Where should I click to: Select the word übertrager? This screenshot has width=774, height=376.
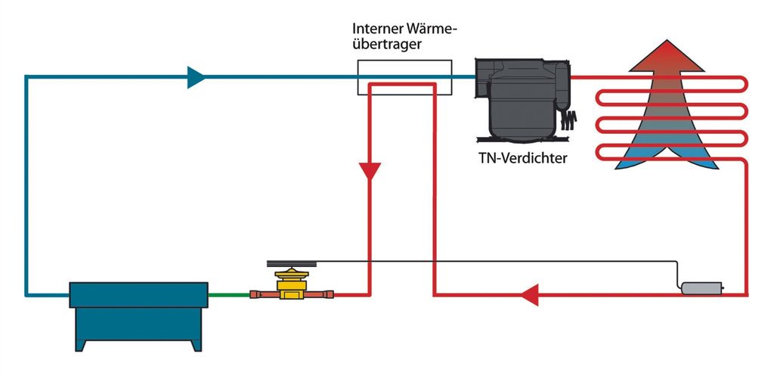pos(387,45)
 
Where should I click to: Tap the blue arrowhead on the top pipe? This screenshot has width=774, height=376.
pos(197,76)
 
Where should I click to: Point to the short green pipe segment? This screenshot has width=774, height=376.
pos(229,294)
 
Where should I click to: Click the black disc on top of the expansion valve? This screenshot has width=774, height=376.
pos(287,264)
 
